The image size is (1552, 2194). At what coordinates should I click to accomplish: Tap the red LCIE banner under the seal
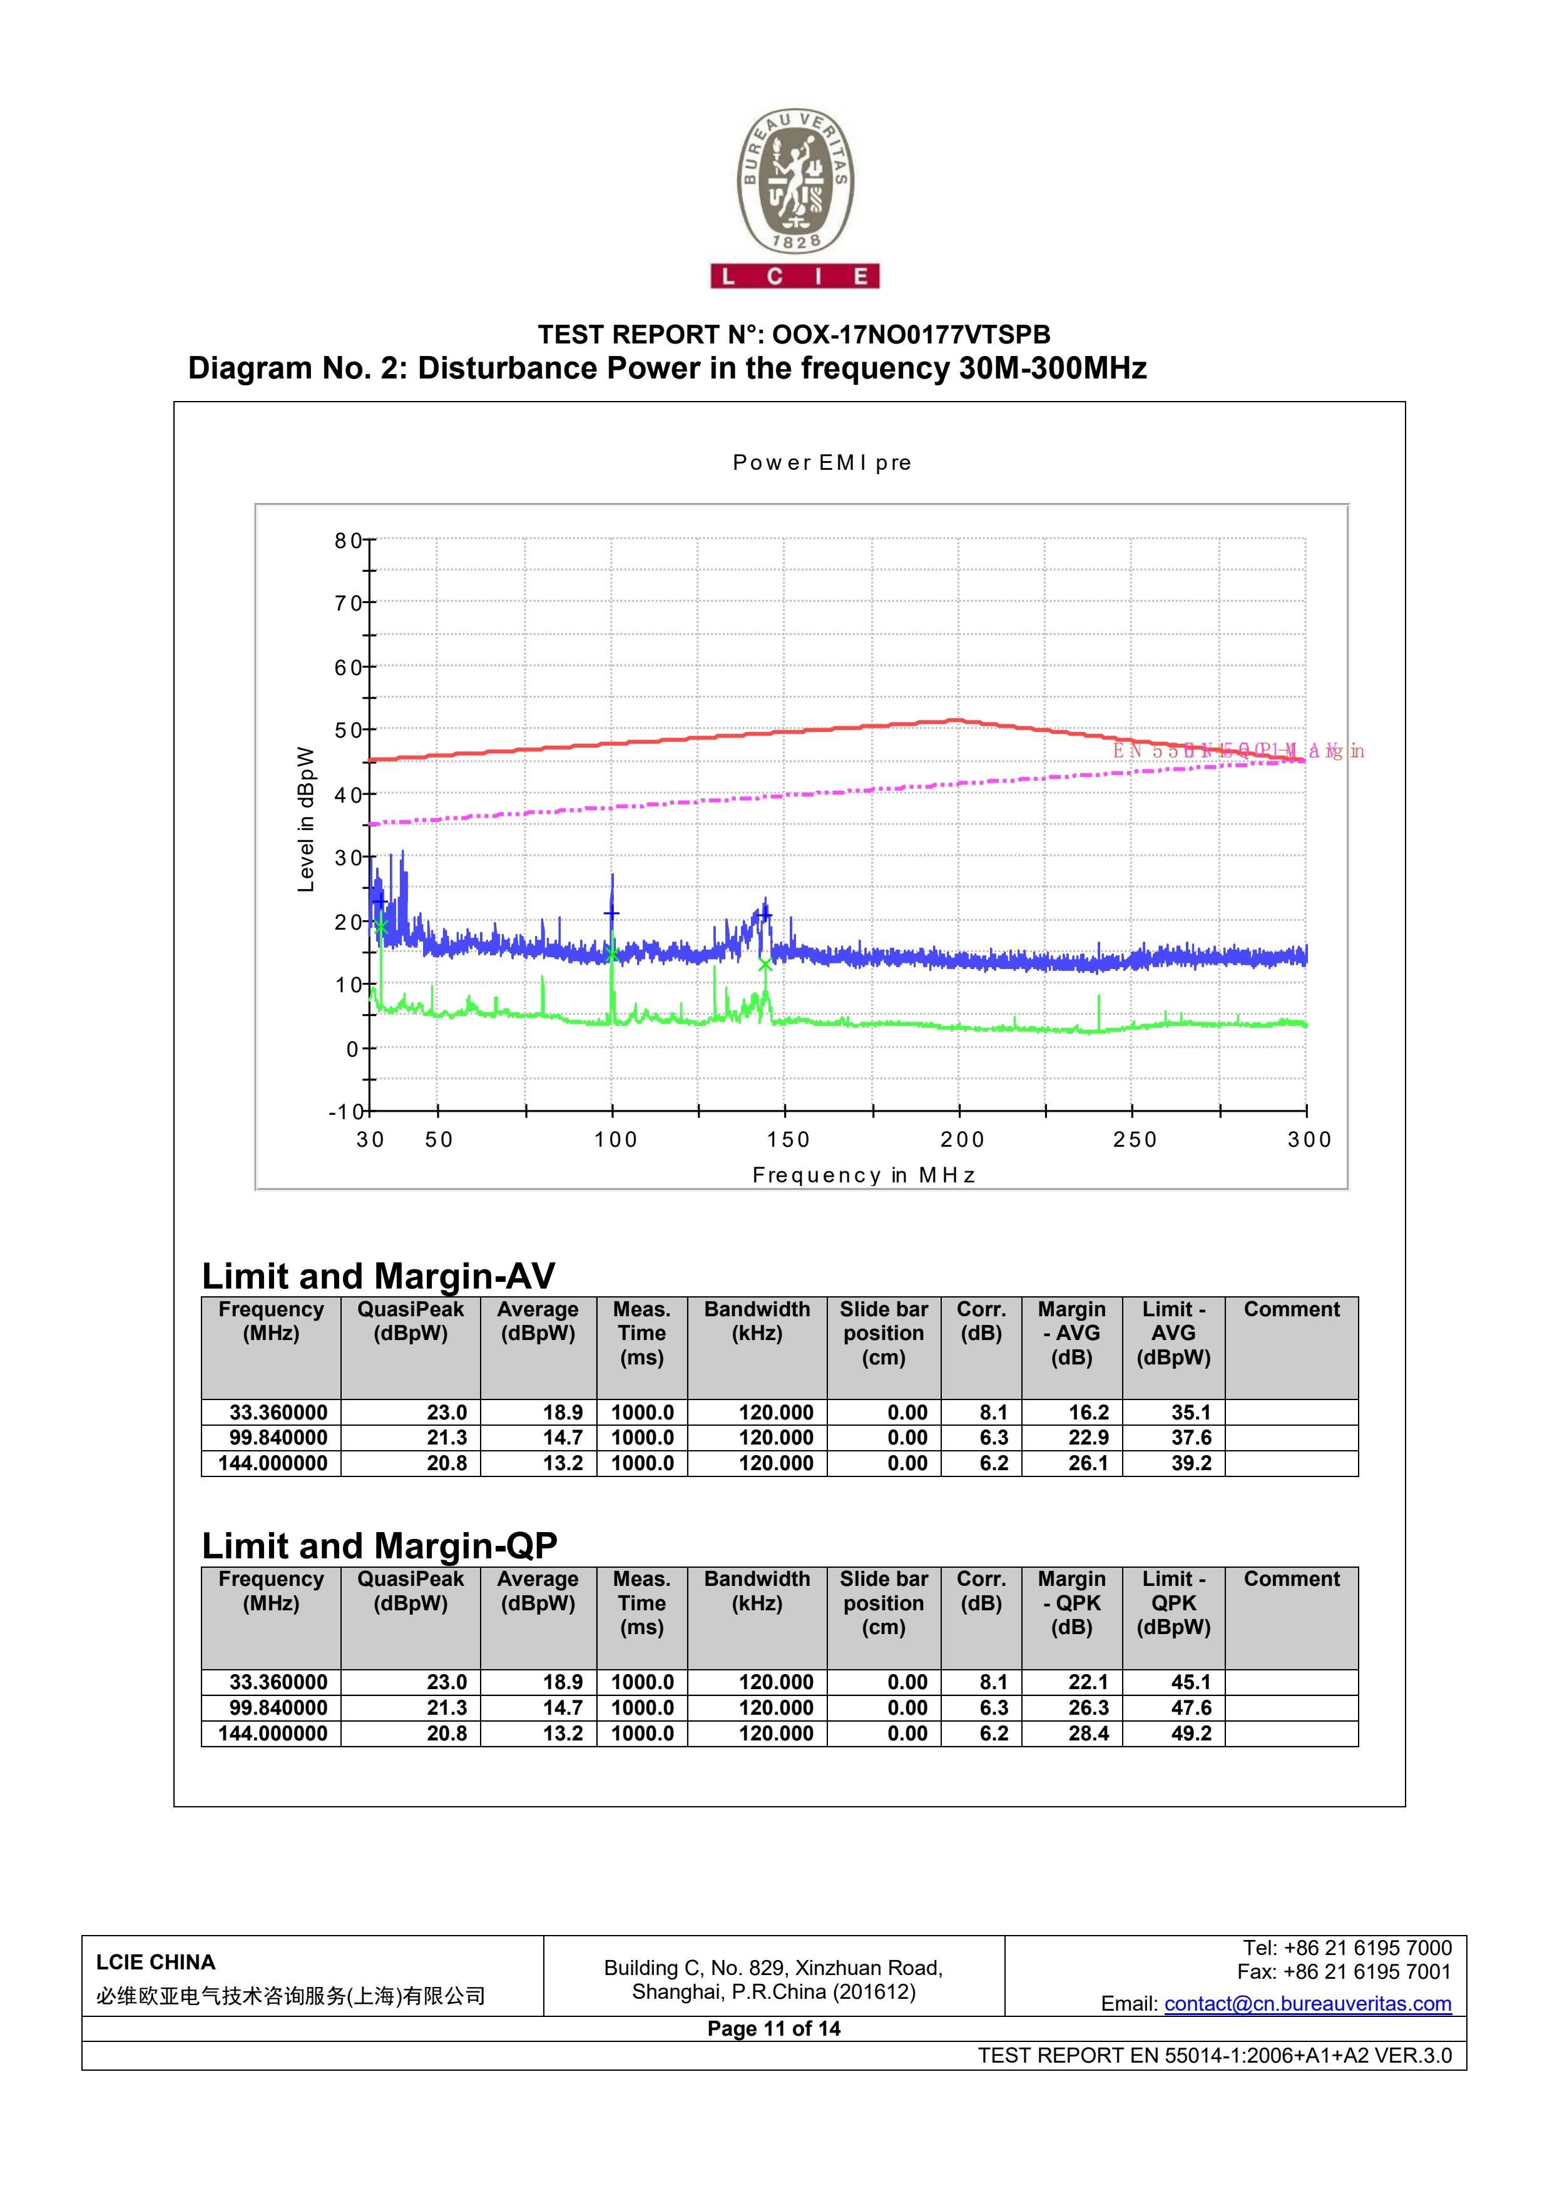pyautogui.click(x=794, y=276)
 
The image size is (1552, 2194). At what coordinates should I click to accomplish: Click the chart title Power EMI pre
pyautogui.click(x=822, y=462)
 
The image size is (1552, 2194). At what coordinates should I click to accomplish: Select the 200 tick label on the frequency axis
pyautogui.click(x=961, y=1139)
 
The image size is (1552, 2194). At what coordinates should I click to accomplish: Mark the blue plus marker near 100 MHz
pyautogui.click(x=611, y=913)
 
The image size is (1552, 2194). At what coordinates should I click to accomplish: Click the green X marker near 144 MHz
pyautogui.click(x=765, y=964)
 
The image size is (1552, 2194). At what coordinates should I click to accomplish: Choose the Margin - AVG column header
pyautogui.click(x=1071, y=1333)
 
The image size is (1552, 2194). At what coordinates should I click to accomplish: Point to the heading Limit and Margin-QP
pyautogui.click(x=379, y=1546)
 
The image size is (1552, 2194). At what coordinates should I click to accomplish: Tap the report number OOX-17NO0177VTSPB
pyautogui.click(x=911, y=335)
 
